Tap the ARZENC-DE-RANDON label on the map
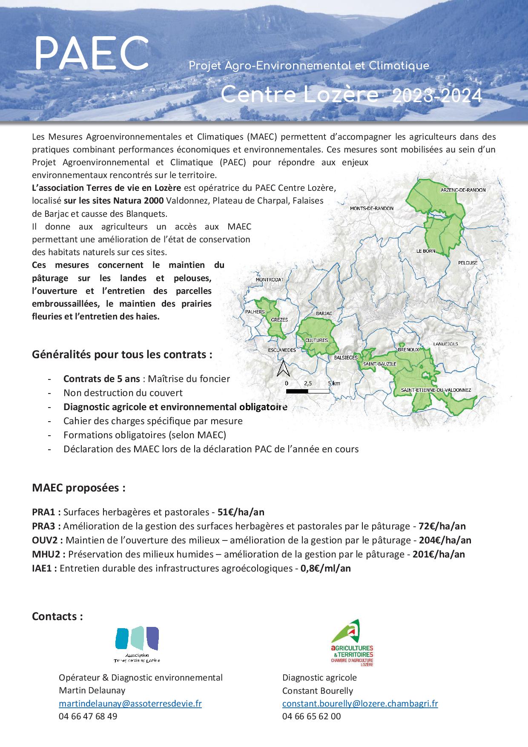pyautogui.click(x=463, y=190)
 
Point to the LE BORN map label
pyautogui.click(x=426, y=251)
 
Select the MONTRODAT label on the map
pyautogui.click(x=270, y=279)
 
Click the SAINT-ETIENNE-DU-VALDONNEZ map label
pyautogui.click(x=435, y=390)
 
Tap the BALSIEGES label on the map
pyautogui.click(x=345, y=358)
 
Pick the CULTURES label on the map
pyautogui.click(x=316, y=340)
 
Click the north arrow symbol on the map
pyautogui.click(x=283, y=368)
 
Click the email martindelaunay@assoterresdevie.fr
pyautogui.click(x=130, y=704)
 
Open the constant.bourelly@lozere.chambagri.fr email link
pyautogui.click(x=360, y=704)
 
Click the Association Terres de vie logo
pyautogui.click(x=137, y=645)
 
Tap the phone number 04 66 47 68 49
pyautogui.click(x=88, y=716)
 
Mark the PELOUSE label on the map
pyautogui.click(x=468, y=263)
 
